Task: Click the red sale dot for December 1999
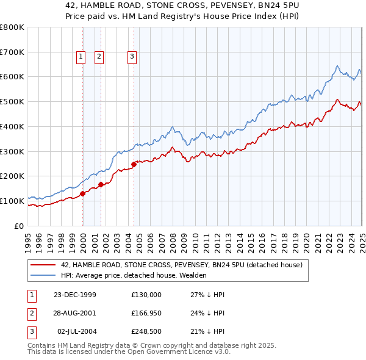coord(83,193)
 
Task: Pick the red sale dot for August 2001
coord(101,184)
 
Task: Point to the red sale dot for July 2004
coord(134,164)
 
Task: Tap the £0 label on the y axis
coord(20,226)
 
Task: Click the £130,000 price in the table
coord(146,295)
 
